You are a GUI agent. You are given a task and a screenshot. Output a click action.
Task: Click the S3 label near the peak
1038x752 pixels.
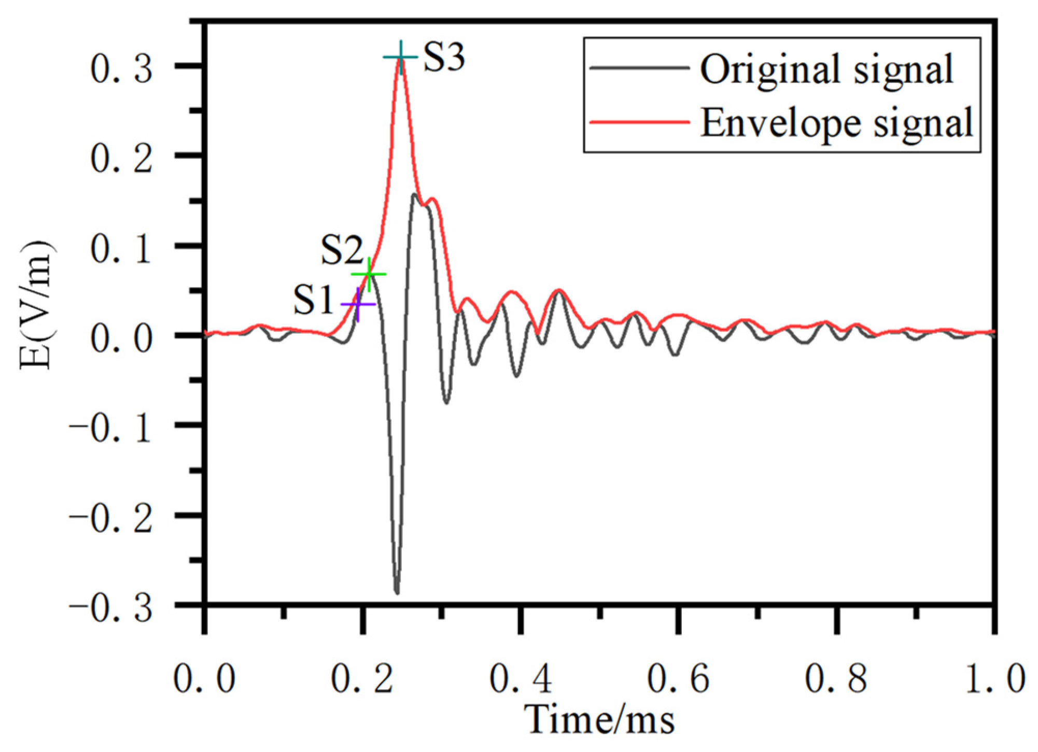444,56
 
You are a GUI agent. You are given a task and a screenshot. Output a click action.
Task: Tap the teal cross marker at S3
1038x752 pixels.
400,57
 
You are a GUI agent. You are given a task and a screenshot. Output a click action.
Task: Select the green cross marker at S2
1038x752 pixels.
369,274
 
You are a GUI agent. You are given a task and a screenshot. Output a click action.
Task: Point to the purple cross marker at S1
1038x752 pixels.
358,304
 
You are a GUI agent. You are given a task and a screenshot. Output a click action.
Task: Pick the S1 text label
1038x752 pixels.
313,300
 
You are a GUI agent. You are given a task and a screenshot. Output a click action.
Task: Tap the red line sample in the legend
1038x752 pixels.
640,122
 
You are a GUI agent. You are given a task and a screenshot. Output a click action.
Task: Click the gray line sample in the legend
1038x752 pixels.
640,68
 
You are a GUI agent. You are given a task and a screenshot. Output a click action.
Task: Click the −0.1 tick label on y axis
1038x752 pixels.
111,428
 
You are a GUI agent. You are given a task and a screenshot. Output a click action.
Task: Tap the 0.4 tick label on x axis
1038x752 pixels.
521,678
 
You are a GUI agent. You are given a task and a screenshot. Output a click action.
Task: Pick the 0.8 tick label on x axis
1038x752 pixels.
836,678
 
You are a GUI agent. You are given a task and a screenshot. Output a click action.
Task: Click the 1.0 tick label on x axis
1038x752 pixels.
994,678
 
